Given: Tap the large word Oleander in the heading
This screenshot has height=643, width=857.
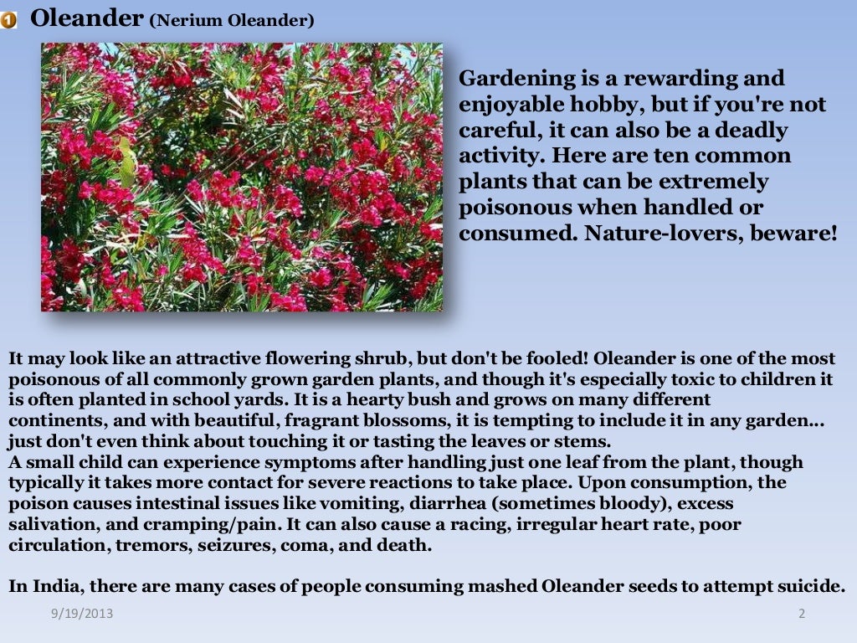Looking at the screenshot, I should (86, 18).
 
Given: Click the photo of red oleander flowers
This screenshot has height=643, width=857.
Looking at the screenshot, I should (242, 177).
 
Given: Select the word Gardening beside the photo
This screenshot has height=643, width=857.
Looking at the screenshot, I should (514, 79).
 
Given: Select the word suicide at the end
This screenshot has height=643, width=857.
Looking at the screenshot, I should (812, 586).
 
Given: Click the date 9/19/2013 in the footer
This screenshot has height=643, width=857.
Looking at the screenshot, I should (81, 614).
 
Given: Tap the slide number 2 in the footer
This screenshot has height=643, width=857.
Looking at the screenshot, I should (801, 614).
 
